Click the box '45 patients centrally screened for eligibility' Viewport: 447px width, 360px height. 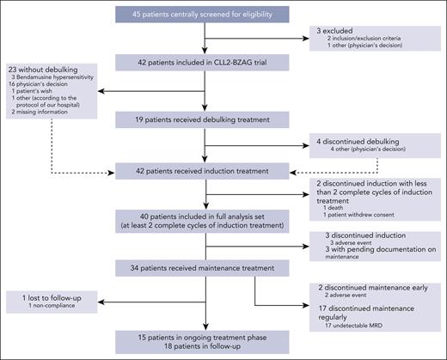(205, 15)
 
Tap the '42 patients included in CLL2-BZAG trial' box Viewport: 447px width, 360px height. (205, 62)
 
